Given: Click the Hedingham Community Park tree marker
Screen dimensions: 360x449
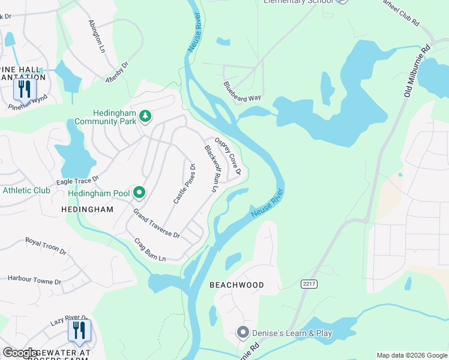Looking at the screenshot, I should click(x=145, y=115).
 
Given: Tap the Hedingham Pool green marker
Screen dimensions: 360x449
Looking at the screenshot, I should click(x=139, y=193).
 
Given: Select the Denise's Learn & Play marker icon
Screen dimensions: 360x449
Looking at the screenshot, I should click(x=243, y=332).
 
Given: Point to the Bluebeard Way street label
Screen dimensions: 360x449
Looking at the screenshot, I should click(x=243, y=91).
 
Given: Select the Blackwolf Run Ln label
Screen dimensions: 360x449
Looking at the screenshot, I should click(x=210, y=169).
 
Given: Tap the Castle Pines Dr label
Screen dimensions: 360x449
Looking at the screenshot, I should click(x=185, y=184).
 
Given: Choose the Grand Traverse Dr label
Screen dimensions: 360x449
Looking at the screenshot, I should click(x=157, y=224).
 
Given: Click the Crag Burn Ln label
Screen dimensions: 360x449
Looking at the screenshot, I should click(x=149, y=250).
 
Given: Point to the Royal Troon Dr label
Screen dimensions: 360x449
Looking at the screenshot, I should click(x=46, y=246).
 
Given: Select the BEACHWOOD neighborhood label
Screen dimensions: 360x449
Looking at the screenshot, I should click(x=237, y=285).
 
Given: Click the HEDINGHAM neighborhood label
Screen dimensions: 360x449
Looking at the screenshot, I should click(x=87, y=209).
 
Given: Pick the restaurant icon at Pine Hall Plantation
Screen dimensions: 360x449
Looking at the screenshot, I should click(x=25, y=89).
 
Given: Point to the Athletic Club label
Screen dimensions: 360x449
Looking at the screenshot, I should click(x=26, y=191).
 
